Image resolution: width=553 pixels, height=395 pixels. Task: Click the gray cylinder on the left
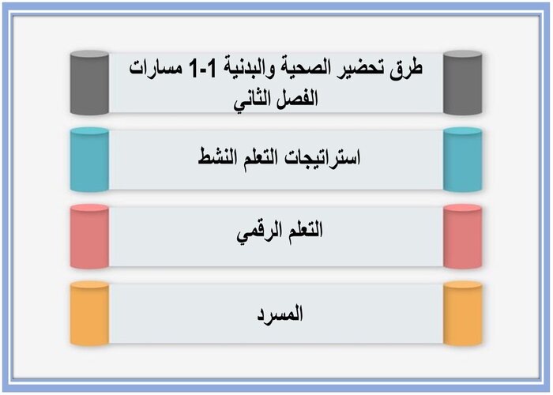point(88,83)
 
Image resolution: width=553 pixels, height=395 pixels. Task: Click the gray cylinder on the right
point(463,83)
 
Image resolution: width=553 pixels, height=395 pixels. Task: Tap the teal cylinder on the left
point(88,160)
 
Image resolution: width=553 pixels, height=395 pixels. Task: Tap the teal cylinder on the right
point(463,160)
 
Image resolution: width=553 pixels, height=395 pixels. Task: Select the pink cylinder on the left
point(88,236)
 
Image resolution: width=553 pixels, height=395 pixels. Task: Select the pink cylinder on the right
point(463,236)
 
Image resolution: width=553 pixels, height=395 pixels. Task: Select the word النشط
point(219,157)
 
